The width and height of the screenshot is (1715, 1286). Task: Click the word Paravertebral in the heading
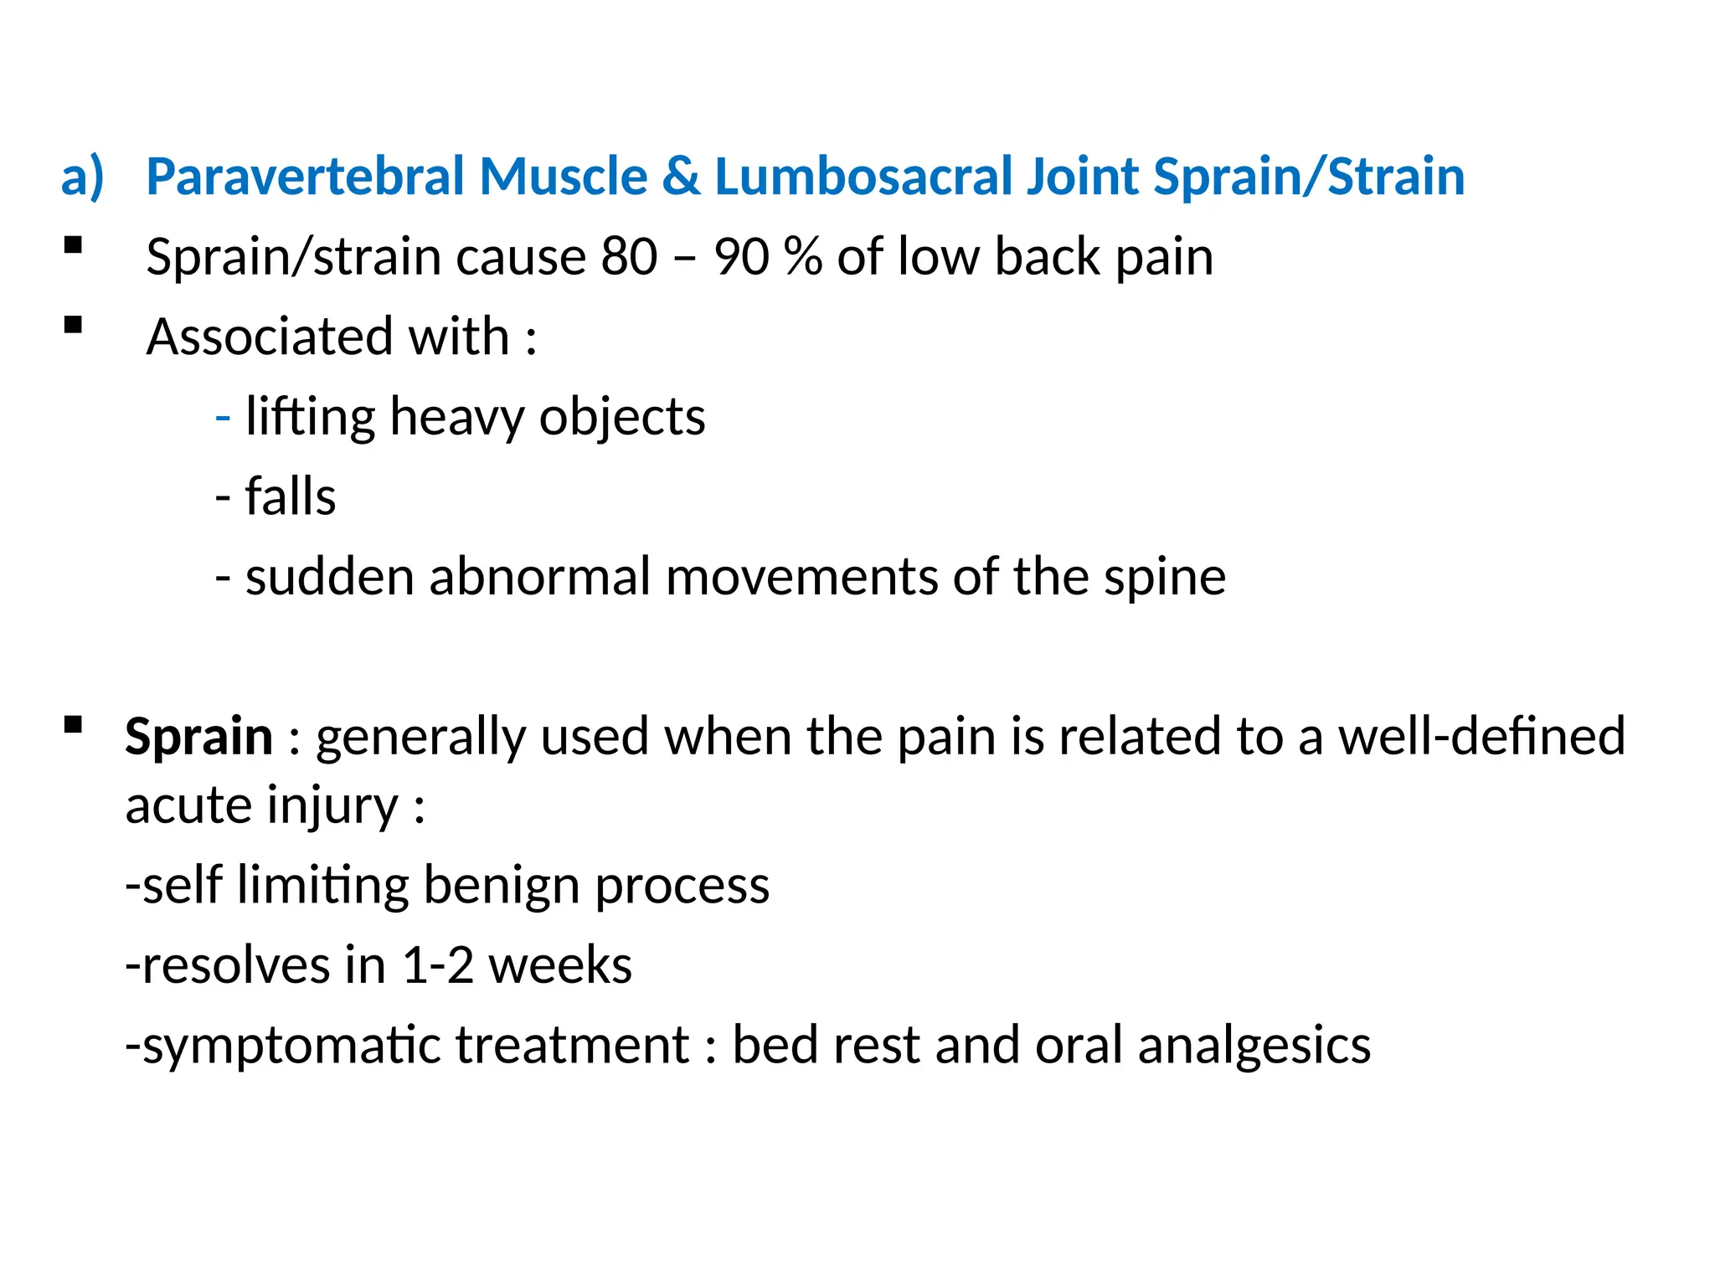tap(306, 177)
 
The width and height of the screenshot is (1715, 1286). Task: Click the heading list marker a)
tap(82, 177)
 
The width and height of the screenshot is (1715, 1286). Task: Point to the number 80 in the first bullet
tap(629, 256)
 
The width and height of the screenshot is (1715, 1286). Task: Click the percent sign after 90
tap(802, 256)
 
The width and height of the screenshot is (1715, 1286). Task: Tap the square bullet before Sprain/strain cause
tap(74, 245)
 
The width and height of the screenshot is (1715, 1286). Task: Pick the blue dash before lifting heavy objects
tap(223, 416)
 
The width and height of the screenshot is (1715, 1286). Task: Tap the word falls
tap(290, 496)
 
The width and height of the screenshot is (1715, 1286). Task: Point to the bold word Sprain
tap(198, 737)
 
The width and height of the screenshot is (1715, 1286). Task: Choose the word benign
tap(502, 886)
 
